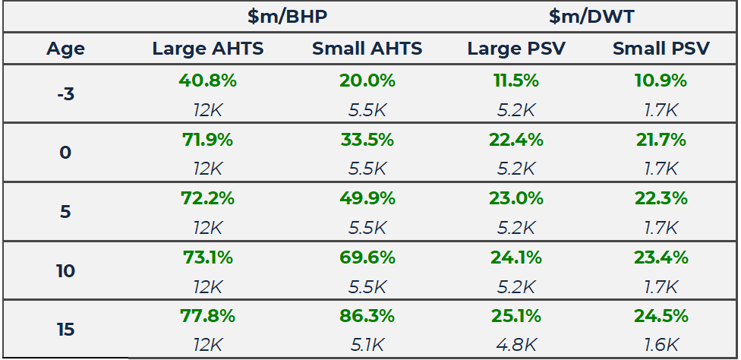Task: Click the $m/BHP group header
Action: click(x=287, y=16)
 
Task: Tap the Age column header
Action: click(x=65, y=49)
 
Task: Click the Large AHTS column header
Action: click(x=208, y=49)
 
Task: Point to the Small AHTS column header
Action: click(x=367, y=49)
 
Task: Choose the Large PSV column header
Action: click(x=516, y=49)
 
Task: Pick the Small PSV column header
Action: click(x=661, y=49)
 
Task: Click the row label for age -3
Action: click(x=65, y=94)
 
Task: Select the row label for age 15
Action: click(x=65, y=330)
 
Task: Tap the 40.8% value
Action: click(x=208, y=81)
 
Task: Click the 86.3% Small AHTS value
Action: click(x=367, y=315)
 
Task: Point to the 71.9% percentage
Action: click(x=208, y=140)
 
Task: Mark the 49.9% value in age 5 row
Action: click(x=367, y=198)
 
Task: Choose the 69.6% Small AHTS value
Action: click(x=367, y=257)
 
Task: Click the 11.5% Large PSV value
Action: click(x=516, y=81)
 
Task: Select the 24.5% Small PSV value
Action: click(x=661, y=315)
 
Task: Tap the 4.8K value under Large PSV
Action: click(x=516, y=345)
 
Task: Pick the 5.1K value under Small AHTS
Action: click(x=367, y=345)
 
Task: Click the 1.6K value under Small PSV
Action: click(x=661, y=345)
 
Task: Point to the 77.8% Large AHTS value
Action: click(x=208, y=315)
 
